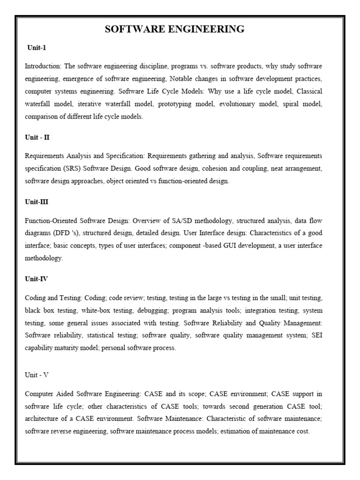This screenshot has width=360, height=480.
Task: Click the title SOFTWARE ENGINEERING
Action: (x=174, y=30)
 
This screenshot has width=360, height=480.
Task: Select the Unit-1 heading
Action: (x=37, y=48)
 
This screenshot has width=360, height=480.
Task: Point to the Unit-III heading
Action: (x=37, y=202)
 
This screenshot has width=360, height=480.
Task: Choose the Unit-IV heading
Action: (x=36, y=279)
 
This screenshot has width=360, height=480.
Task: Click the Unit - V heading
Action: (x=37, y=375)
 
